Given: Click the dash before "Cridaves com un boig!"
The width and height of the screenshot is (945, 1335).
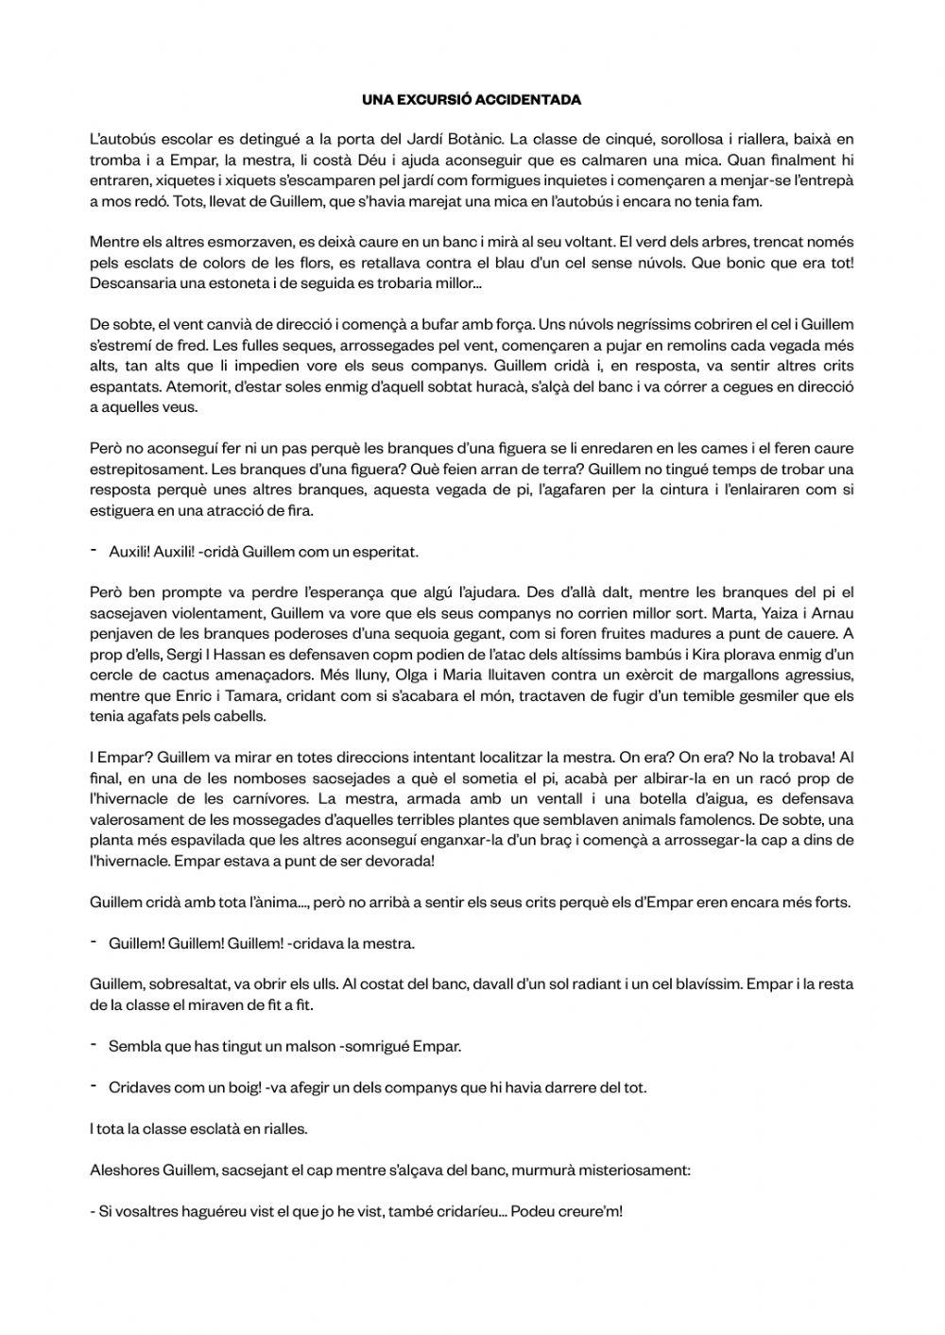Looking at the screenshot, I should pyautogui.click(x=94, y=1087).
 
